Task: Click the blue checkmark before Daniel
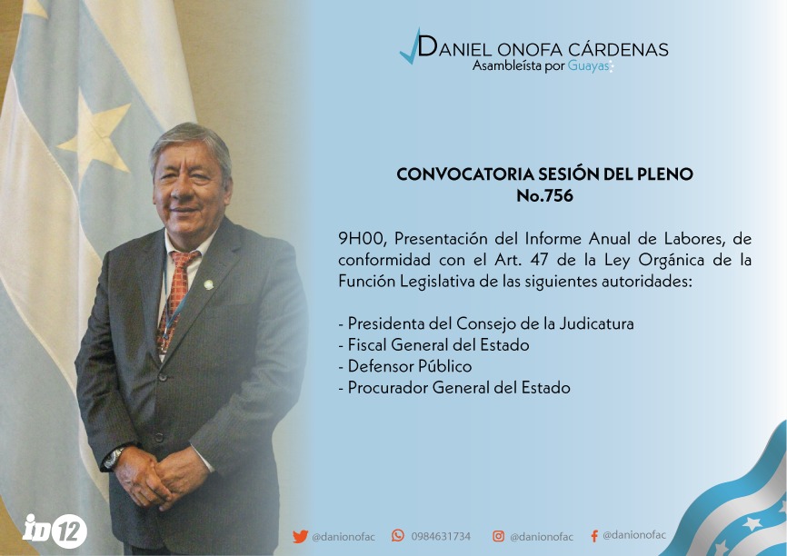coord(410,47)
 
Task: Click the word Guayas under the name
coord(588,65)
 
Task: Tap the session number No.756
coord(544,195)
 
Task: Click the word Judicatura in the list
coord(596,323)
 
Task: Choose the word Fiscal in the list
coord(367,345)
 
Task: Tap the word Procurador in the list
coord(387,388)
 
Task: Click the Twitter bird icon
coord(300,536)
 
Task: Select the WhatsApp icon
coord(397,535)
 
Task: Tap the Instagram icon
coord(498,536)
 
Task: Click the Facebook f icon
coord(594,536)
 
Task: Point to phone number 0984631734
coord(441,536)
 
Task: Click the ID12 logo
coord(55,531)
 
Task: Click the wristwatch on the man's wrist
coord(114,457)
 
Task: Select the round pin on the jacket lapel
coord(208,285)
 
